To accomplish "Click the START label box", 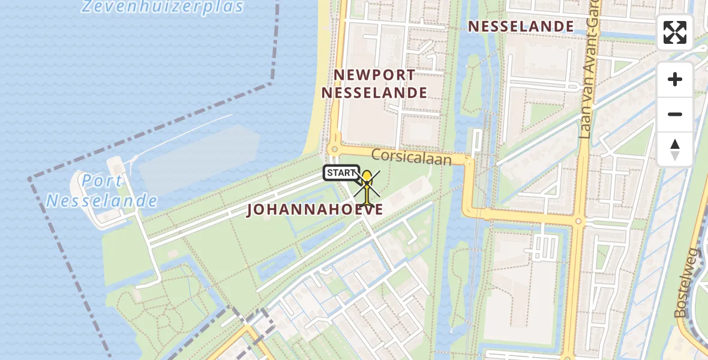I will click(341, 173).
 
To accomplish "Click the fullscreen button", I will click(675, 32).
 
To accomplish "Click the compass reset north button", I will click(675, 149).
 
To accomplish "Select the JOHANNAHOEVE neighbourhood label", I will click(315, 210).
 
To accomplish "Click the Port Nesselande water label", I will click(102, 191).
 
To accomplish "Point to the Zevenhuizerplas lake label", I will click(162, 7).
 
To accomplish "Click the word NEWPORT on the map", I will click(374, 75).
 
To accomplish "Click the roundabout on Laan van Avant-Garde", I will click(579, 221).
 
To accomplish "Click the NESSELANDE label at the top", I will click(521, 26).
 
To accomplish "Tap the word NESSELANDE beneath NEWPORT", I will click(374, 93).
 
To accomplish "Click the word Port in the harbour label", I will click(102, 181).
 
